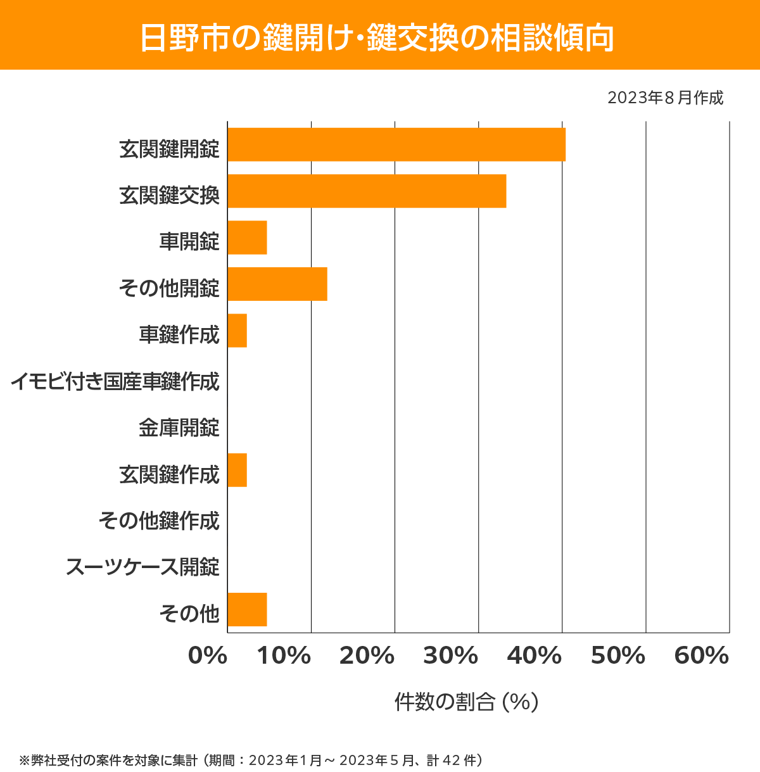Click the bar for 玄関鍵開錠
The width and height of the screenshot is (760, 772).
[396, 144]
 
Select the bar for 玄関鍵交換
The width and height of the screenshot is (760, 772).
[367, 191]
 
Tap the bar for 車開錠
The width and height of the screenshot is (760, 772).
[247, 237]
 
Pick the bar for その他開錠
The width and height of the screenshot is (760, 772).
[277, 284]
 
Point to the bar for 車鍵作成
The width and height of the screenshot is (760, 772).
[237, 331]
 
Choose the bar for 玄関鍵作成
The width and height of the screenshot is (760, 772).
[237, 470]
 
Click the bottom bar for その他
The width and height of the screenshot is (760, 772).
[247, 609]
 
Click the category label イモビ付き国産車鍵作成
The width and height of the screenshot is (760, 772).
[115, 381]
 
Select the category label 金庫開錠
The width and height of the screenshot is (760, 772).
[179, 427]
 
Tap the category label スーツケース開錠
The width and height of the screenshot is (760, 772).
[142, 567]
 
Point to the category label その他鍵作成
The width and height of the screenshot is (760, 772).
[159, 521]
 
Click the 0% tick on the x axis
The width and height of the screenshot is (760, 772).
[208, 656]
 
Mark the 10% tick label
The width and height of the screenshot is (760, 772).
[284, 656]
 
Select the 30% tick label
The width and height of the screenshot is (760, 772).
[451, 656]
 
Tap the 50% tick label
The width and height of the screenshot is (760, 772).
[618, 656]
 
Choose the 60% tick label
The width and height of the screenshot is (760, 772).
[702, 656]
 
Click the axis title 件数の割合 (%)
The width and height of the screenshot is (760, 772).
[466, 702]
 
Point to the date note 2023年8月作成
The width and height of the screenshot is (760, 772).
[665, 98]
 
